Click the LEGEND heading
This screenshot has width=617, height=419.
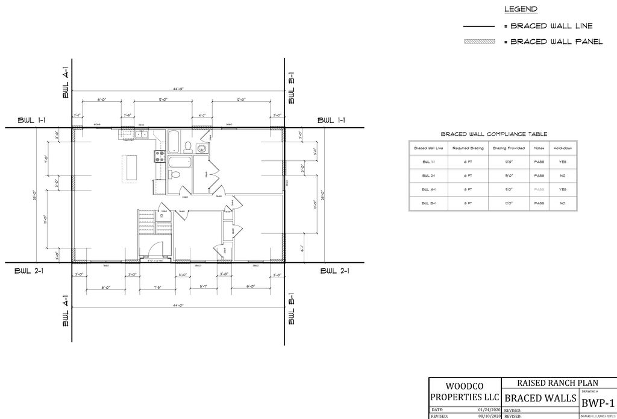pyautogui.click(x=520, y=9)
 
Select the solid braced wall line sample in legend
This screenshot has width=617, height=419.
pyautogui.click(x=478, y=27)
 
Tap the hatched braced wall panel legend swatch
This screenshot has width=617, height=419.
pyautogui.click(x=478, y=42)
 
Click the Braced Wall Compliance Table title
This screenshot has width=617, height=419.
pyautogui.click(x=493, y=134)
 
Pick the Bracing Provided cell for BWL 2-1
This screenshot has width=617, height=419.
pyautogui.click(x=508, y=175)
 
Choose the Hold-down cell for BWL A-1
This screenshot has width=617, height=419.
pyautogui.click(x=562, y=189)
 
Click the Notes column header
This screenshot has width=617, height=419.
pyautogui.click(x=539, y=148)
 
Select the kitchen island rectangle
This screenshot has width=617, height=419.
pyautogui.click(x=130, y=168)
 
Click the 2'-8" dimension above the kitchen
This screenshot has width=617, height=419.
pyautogui.click(x=127, y=115)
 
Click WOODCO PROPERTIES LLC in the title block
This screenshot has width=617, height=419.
pyautogui.click(x=464, y=392)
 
